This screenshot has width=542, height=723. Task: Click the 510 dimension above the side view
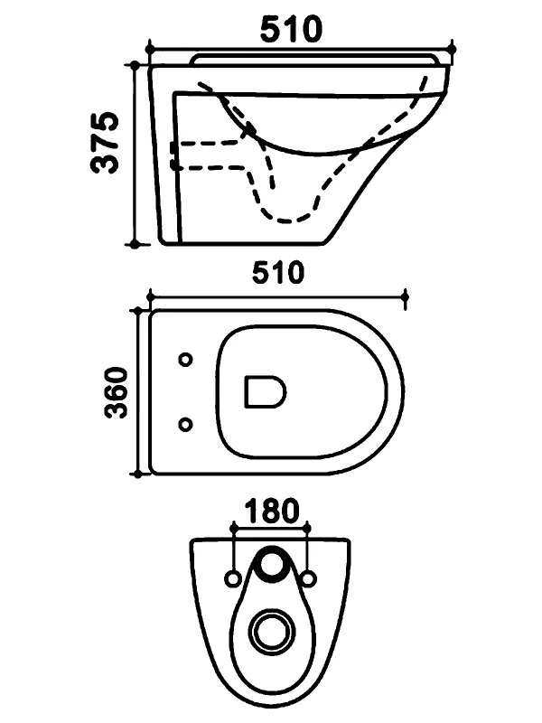[291, 29]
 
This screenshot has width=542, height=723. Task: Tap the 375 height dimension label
[105, 143]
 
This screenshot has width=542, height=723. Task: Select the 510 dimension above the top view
[278, 273]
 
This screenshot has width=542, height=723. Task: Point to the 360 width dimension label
[116, 392]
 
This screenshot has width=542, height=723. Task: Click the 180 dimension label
[272, 511]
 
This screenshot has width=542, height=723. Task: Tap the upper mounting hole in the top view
[186, 360]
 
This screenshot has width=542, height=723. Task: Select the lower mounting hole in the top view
[185, 424]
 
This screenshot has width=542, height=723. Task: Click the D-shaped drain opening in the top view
[265, 392]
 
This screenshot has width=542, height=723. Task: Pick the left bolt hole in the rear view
[233, 578]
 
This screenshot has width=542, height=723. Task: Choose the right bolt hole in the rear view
[309, 578]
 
